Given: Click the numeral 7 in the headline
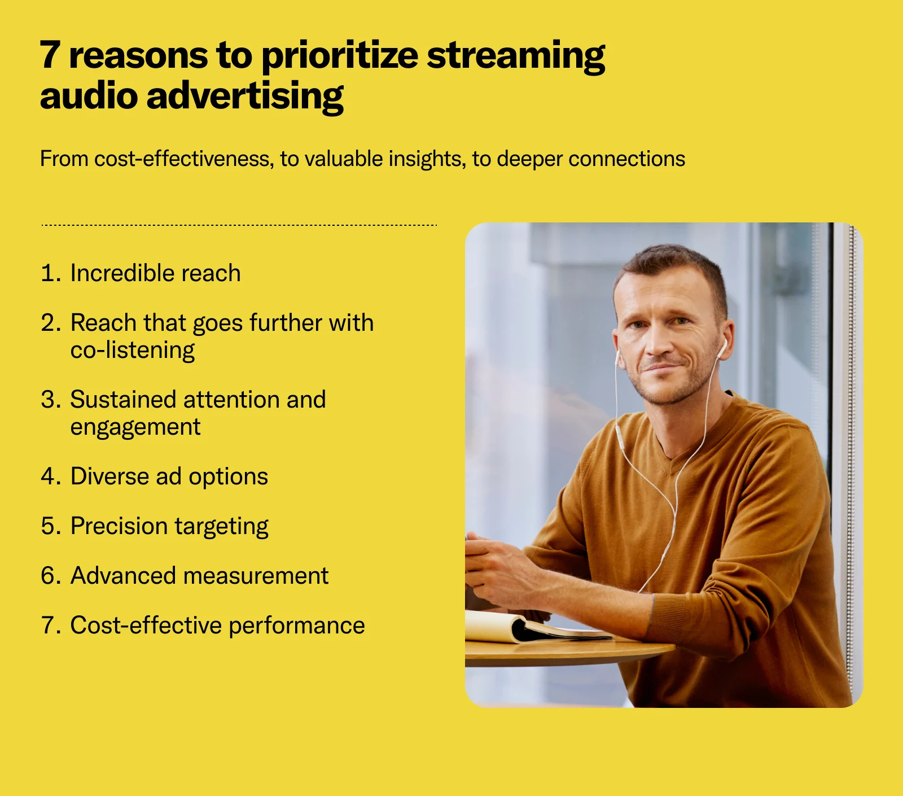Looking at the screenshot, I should tap(50, 55).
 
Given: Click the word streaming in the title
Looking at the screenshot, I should tap(515, 56).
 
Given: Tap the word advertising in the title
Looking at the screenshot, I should tap(245, 96).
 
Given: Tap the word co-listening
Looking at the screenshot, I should tap(133, 351).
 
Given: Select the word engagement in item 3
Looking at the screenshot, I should tap(135, 427).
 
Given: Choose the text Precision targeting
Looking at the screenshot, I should tap(169, 526).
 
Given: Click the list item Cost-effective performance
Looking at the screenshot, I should tap(217, 626).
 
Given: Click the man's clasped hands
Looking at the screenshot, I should tap(497, 570).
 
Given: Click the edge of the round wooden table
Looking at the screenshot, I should tap(564, 655).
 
